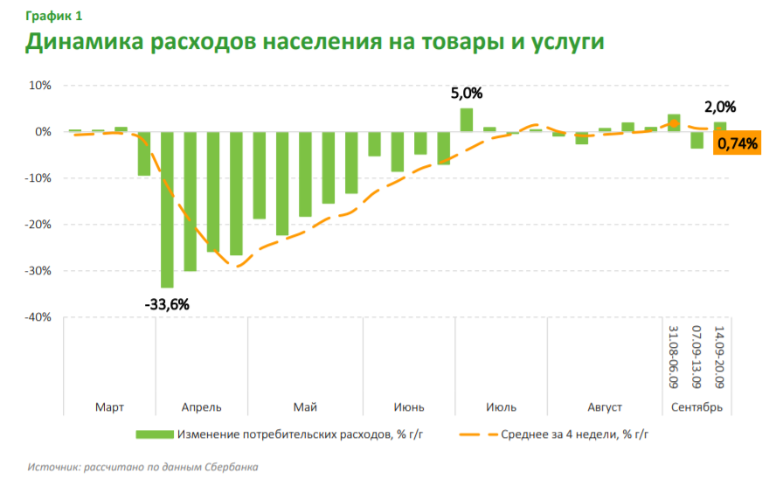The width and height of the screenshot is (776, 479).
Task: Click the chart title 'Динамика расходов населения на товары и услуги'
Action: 315,43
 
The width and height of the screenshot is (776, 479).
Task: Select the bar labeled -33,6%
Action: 166,210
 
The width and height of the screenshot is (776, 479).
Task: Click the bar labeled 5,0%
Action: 467,120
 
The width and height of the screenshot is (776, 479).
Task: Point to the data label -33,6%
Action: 166,304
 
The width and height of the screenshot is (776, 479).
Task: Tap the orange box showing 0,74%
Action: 737,143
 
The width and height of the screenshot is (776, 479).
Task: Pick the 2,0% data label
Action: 720,108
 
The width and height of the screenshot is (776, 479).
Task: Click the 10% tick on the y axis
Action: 41,86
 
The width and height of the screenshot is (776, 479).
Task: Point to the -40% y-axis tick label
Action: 38,317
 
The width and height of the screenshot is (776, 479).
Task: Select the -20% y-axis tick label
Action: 38,225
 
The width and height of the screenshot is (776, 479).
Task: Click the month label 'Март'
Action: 109,407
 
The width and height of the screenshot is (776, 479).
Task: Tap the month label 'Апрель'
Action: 201,407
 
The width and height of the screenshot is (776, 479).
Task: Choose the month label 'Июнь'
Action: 409,407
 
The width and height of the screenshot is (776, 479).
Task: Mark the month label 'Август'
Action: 605,407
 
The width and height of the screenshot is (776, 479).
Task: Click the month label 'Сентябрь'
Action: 696,407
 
